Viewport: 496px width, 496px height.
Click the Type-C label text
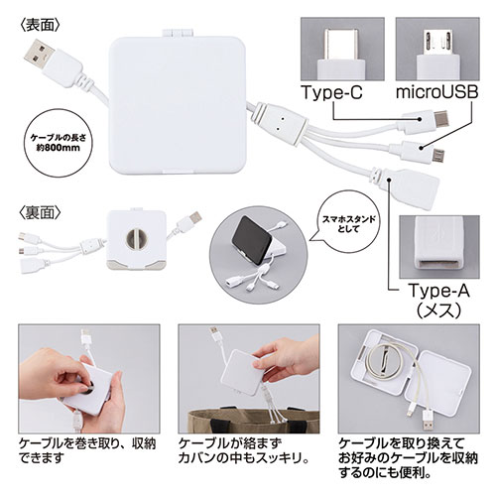point(331,93)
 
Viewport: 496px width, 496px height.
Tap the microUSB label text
point(437,93)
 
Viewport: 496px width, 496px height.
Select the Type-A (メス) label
point(438,300)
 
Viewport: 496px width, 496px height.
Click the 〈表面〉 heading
point(40,26)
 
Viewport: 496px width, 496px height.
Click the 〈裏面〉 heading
point(40,213)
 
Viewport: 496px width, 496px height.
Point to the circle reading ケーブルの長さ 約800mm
point(59,143)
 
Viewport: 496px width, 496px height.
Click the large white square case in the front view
point(178,105)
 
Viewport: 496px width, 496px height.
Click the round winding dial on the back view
point(137,239)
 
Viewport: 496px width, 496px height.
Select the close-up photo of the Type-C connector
point(342,49)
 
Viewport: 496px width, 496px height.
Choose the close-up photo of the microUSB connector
point(437,49)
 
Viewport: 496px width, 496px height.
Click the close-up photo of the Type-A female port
point(439,247)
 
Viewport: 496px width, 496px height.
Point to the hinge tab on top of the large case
point(177,34)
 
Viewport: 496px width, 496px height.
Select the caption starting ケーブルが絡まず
point(244,450)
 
